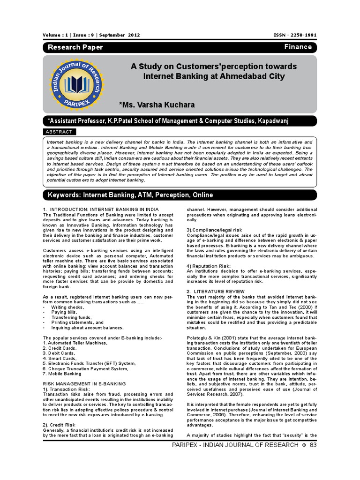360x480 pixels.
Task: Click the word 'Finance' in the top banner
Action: pos(298,47)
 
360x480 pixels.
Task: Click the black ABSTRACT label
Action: pos(60,132)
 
